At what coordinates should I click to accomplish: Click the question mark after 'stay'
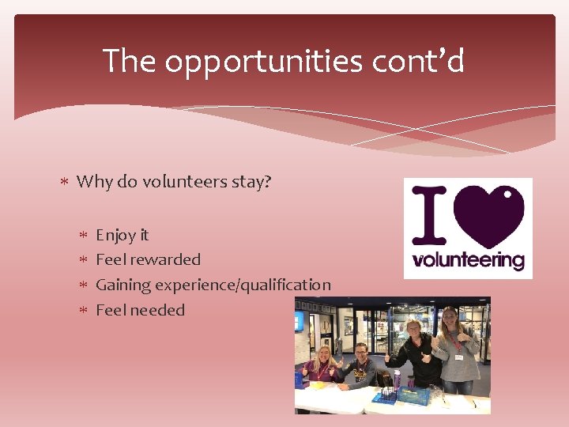pos(267,182)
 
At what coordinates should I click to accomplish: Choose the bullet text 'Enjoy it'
pos(122,235)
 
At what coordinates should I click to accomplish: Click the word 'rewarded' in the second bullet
pos(165,259)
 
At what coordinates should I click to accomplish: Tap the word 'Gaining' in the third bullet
pos(122,285)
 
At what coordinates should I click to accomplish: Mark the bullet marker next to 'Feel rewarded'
pos(84,260)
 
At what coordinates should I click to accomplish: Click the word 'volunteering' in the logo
pos(469,259)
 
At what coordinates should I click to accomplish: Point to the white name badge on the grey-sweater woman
pos(459,357)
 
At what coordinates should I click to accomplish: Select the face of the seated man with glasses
pos(361,353)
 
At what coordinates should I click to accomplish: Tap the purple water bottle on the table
pos(397,380)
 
